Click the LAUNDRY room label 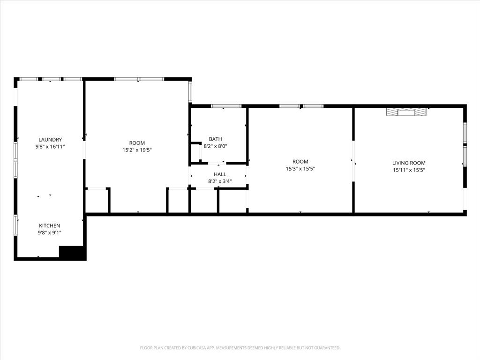coord(50,140)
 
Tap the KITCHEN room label coord(49,226)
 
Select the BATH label coord(216,139)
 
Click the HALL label coord(220,174)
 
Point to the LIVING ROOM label coord(409,163)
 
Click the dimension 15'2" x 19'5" coord(137,150)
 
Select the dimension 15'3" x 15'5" coord(300,169)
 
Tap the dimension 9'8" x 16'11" coord(50,147)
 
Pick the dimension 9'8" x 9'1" coord(49,232)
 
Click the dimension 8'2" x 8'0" coord(216,146)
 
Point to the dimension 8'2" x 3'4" coord(220,181)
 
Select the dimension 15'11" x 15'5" coord(409,170)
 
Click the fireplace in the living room coord(407,112)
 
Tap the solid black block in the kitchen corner coord(72,252)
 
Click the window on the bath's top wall coord(226,106)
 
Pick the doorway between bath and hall coord(215,163)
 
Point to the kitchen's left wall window coord(15,225)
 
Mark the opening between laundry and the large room coord(84,150)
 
